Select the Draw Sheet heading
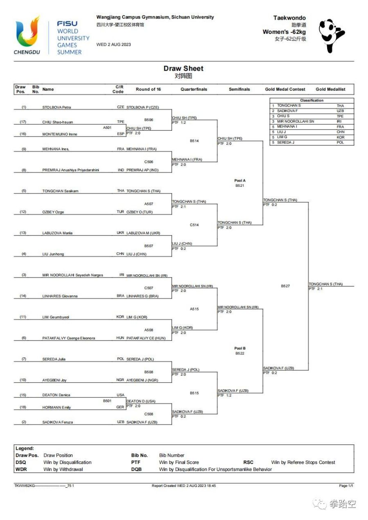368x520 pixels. (x=184, y=69)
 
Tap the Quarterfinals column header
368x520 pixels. (x=194, y=90)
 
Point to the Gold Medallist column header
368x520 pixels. (x=330, y=90)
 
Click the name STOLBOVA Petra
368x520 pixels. (x=57, y=107)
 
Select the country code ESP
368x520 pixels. (x=121, y=134)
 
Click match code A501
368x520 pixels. (x=107, y=128)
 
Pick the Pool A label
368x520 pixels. (x=240, y=180)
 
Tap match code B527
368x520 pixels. (x=285, y=286)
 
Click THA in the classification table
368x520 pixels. (x=340, y=105)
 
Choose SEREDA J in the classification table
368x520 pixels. (x=285, y=142)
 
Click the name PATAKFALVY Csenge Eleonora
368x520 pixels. (x=69, y=338)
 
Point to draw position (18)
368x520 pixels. (x=23, y=407)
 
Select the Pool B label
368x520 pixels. (x=240, y=348)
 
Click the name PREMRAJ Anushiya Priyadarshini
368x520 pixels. (x=71, y=170)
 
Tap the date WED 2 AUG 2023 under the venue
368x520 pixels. (x=114, y=44)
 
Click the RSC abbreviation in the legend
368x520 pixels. (x=248, y=462)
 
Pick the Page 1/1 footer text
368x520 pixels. (x=346, y=486)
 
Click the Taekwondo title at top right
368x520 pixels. (x=289, y=18)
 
